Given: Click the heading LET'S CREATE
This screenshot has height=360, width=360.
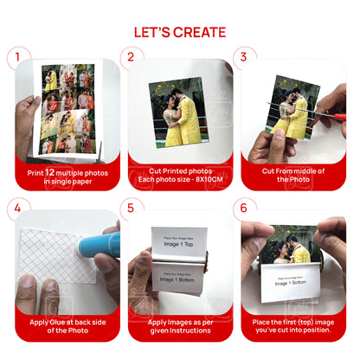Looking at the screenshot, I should coord(180,32).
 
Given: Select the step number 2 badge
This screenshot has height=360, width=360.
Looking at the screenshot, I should coord(131,59).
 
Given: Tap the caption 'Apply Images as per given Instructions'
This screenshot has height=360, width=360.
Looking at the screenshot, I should coord(180,325).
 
